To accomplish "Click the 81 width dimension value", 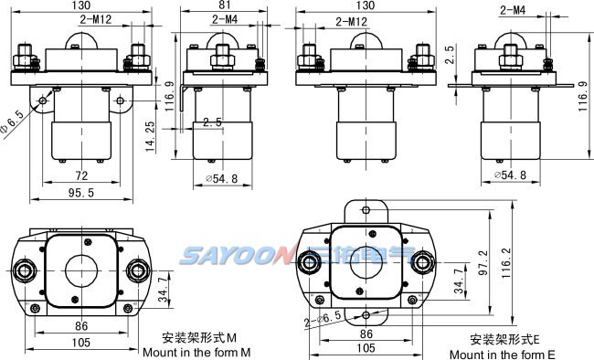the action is (x=225, y=5).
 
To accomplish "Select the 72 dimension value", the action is (x=81, y=175).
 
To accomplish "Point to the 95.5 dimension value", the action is (x=81, y=193).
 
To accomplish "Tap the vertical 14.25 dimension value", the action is (x=151, y=137).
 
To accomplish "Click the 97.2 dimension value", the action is (x=483, y=262).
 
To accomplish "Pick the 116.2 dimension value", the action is (x=506, y=262).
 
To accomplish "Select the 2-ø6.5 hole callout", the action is (x=324, y=318).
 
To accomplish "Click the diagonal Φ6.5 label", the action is (x=13, y=122).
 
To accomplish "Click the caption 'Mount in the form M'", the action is (x=196, y=352).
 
